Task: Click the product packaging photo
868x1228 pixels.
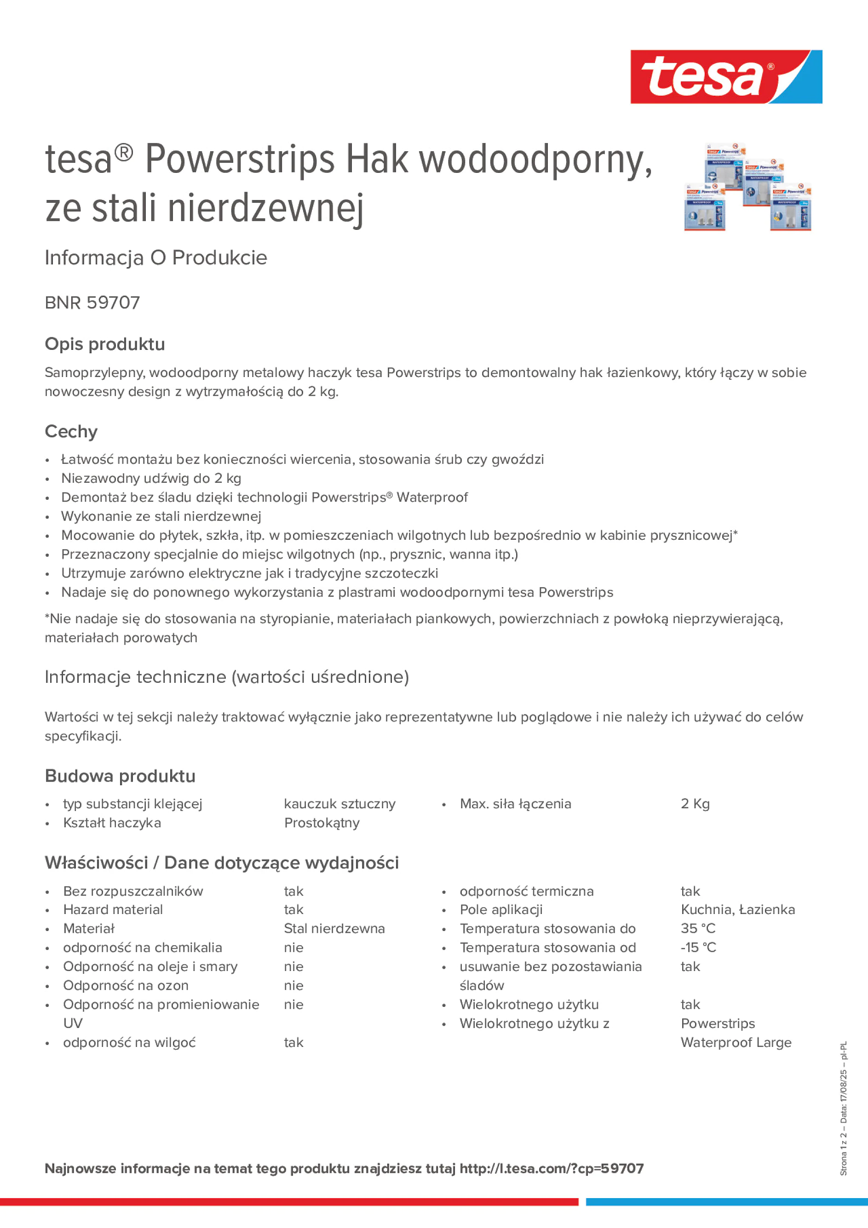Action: point(747,187)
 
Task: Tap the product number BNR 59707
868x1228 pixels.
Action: point(92,303)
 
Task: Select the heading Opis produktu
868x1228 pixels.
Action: point(105,344)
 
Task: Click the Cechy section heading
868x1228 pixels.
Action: point(71,431)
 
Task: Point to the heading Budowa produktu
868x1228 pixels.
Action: point(120,776)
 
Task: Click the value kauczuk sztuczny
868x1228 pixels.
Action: point(339,804)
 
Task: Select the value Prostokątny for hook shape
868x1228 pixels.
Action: point(322,822)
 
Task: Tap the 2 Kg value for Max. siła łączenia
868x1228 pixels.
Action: point(695,804)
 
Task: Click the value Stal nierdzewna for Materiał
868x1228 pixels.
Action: point(334,929)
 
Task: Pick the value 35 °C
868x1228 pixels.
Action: point(698,929)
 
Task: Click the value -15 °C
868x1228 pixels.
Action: point(698,947)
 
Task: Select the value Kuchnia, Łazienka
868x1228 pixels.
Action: point(737,909)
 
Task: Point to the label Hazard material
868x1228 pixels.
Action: point(113,909)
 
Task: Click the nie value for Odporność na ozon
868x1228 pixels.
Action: point(293,985)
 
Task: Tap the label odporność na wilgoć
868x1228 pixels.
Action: point(130,1042)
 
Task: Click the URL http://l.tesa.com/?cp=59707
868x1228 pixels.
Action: point(551,1168)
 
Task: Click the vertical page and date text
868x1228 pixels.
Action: point(843,1108)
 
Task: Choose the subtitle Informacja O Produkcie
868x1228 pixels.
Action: point(156,258)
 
